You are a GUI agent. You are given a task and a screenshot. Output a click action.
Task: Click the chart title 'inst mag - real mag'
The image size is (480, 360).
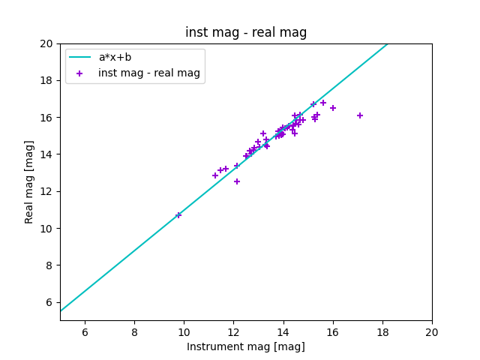click(246, 32)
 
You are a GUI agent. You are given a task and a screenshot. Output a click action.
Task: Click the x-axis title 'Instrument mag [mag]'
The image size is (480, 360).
click(246, 346)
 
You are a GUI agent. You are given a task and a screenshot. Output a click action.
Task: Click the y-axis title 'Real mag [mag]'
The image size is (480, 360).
click(29, 181)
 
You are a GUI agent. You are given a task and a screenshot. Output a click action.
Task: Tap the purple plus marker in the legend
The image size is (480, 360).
click(82, 73)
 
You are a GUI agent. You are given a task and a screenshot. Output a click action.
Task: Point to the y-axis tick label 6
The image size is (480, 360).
click(49, 302)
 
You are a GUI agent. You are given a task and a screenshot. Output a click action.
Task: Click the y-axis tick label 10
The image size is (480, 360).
click(46, 229)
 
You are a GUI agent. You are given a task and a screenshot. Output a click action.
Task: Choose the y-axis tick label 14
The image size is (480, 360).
click(46, 154)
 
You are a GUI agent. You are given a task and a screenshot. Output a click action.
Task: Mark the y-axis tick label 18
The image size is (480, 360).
click(46, 80)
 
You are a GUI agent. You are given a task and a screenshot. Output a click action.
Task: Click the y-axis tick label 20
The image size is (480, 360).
click(46, 43)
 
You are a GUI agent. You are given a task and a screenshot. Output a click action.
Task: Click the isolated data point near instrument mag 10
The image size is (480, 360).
click(178, 215)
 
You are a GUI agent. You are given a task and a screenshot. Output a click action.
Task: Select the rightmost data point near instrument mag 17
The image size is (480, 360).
click(360, 115)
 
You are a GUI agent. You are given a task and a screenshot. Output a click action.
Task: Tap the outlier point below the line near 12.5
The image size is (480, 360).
click(237, 181)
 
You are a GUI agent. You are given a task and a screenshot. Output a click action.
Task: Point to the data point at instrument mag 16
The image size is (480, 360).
click(333, 108)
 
